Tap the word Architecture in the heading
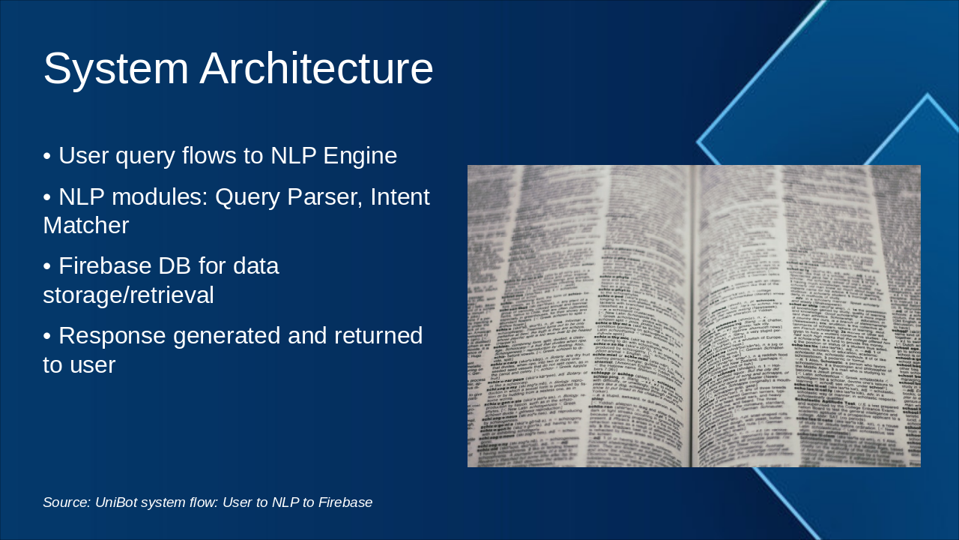point(316,69)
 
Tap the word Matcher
point(85,226)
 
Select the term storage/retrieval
point(128,295)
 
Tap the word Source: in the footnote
point(66,502)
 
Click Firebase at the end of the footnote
point(345,502)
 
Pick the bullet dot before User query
point(47,157)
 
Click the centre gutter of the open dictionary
point(691,315)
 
